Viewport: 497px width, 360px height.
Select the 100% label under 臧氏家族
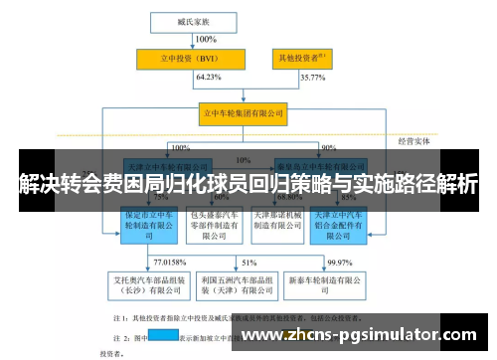coord(206,40)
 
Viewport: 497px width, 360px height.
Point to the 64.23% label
coord(208,78)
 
